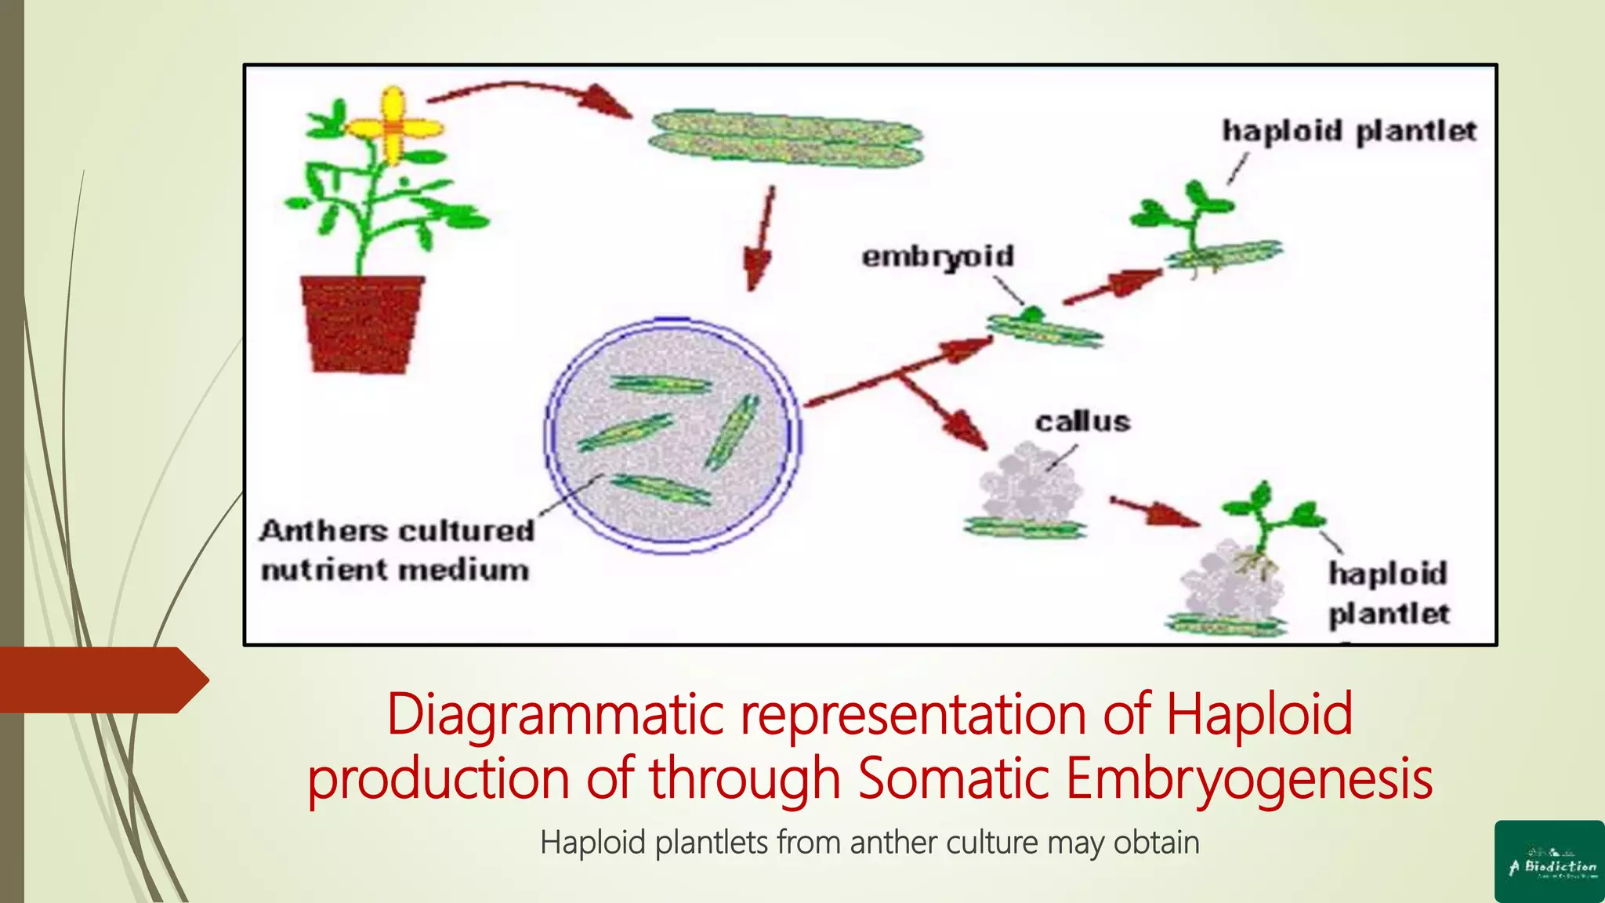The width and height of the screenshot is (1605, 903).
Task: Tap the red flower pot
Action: (x=362, y=321)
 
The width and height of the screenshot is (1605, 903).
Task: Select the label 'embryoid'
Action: (x=937, y=256)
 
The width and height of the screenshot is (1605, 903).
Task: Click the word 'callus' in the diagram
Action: (x=1082, y=422)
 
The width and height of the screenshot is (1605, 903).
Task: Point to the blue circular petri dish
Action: (x=672, y=436)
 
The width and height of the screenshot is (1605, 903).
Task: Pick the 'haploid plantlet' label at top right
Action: (x=1349, y=131)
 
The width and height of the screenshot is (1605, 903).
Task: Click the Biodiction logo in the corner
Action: (x=1549, y=861)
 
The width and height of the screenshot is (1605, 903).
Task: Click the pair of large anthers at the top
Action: (x=786, y=139)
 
